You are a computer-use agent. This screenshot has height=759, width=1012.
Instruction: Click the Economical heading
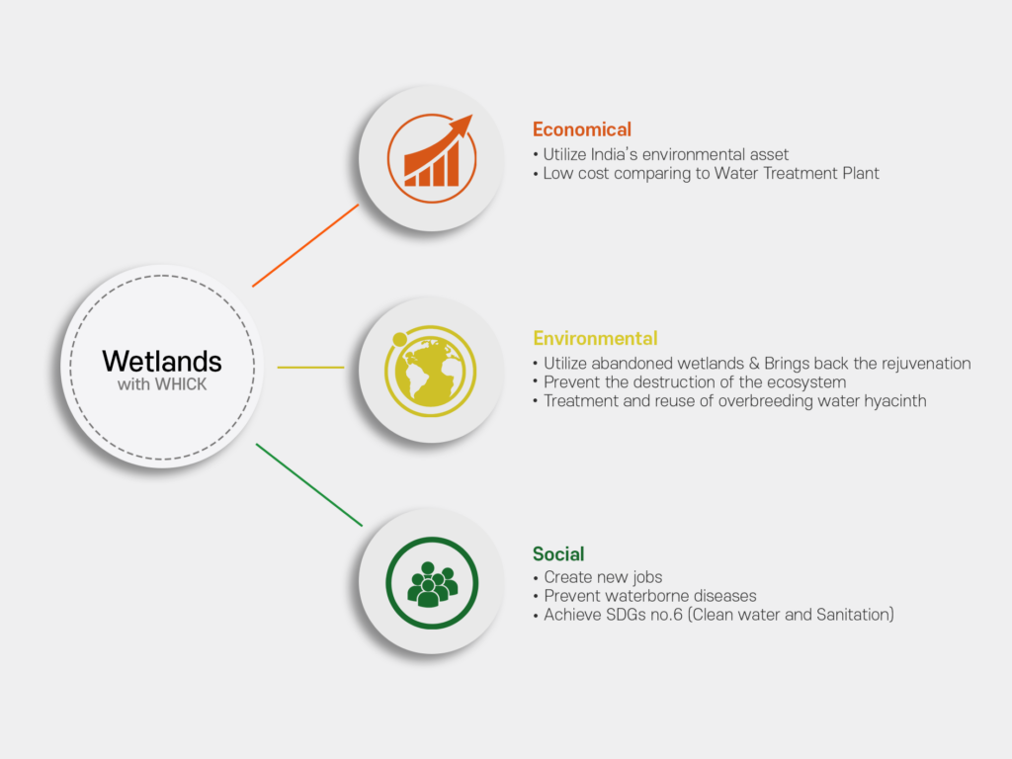pyautogui.click(x=581, y=129)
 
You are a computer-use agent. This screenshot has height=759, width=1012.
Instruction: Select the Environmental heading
pyautogui.click(x=595, y=338)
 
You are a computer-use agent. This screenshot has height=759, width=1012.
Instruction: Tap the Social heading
pyautogui.click(x=558, y=553)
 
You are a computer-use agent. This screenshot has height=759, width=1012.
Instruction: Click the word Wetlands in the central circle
pyautogui.click(x=162, y=362)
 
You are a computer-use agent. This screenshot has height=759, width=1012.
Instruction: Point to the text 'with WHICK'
pyautogui.click(x=162, y=384)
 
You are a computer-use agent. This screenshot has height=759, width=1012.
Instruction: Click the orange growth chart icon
pyautogui.click(x=432, y=158)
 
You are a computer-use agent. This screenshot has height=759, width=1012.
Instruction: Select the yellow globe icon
pyautogui.click(x=431, y=372)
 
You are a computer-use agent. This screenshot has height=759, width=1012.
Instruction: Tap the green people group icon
pyautogui.click(x=432, y=583)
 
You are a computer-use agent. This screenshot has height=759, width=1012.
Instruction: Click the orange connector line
pyautogui.click(x=305, y=245)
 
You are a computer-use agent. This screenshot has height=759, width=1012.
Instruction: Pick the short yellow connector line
pyautogui.click(x=310, y=368)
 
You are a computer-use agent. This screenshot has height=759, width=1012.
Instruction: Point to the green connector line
pyautogui.click(x=309, y=484)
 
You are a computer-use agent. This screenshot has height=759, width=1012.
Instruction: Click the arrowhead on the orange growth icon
pyautogui.click(x=461, y=125)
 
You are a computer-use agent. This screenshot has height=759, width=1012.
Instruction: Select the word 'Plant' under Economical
pyautogui.click(x=861, y=173)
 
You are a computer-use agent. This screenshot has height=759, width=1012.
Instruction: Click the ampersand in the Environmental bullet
pyautogui.click(x=754, y=364)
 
